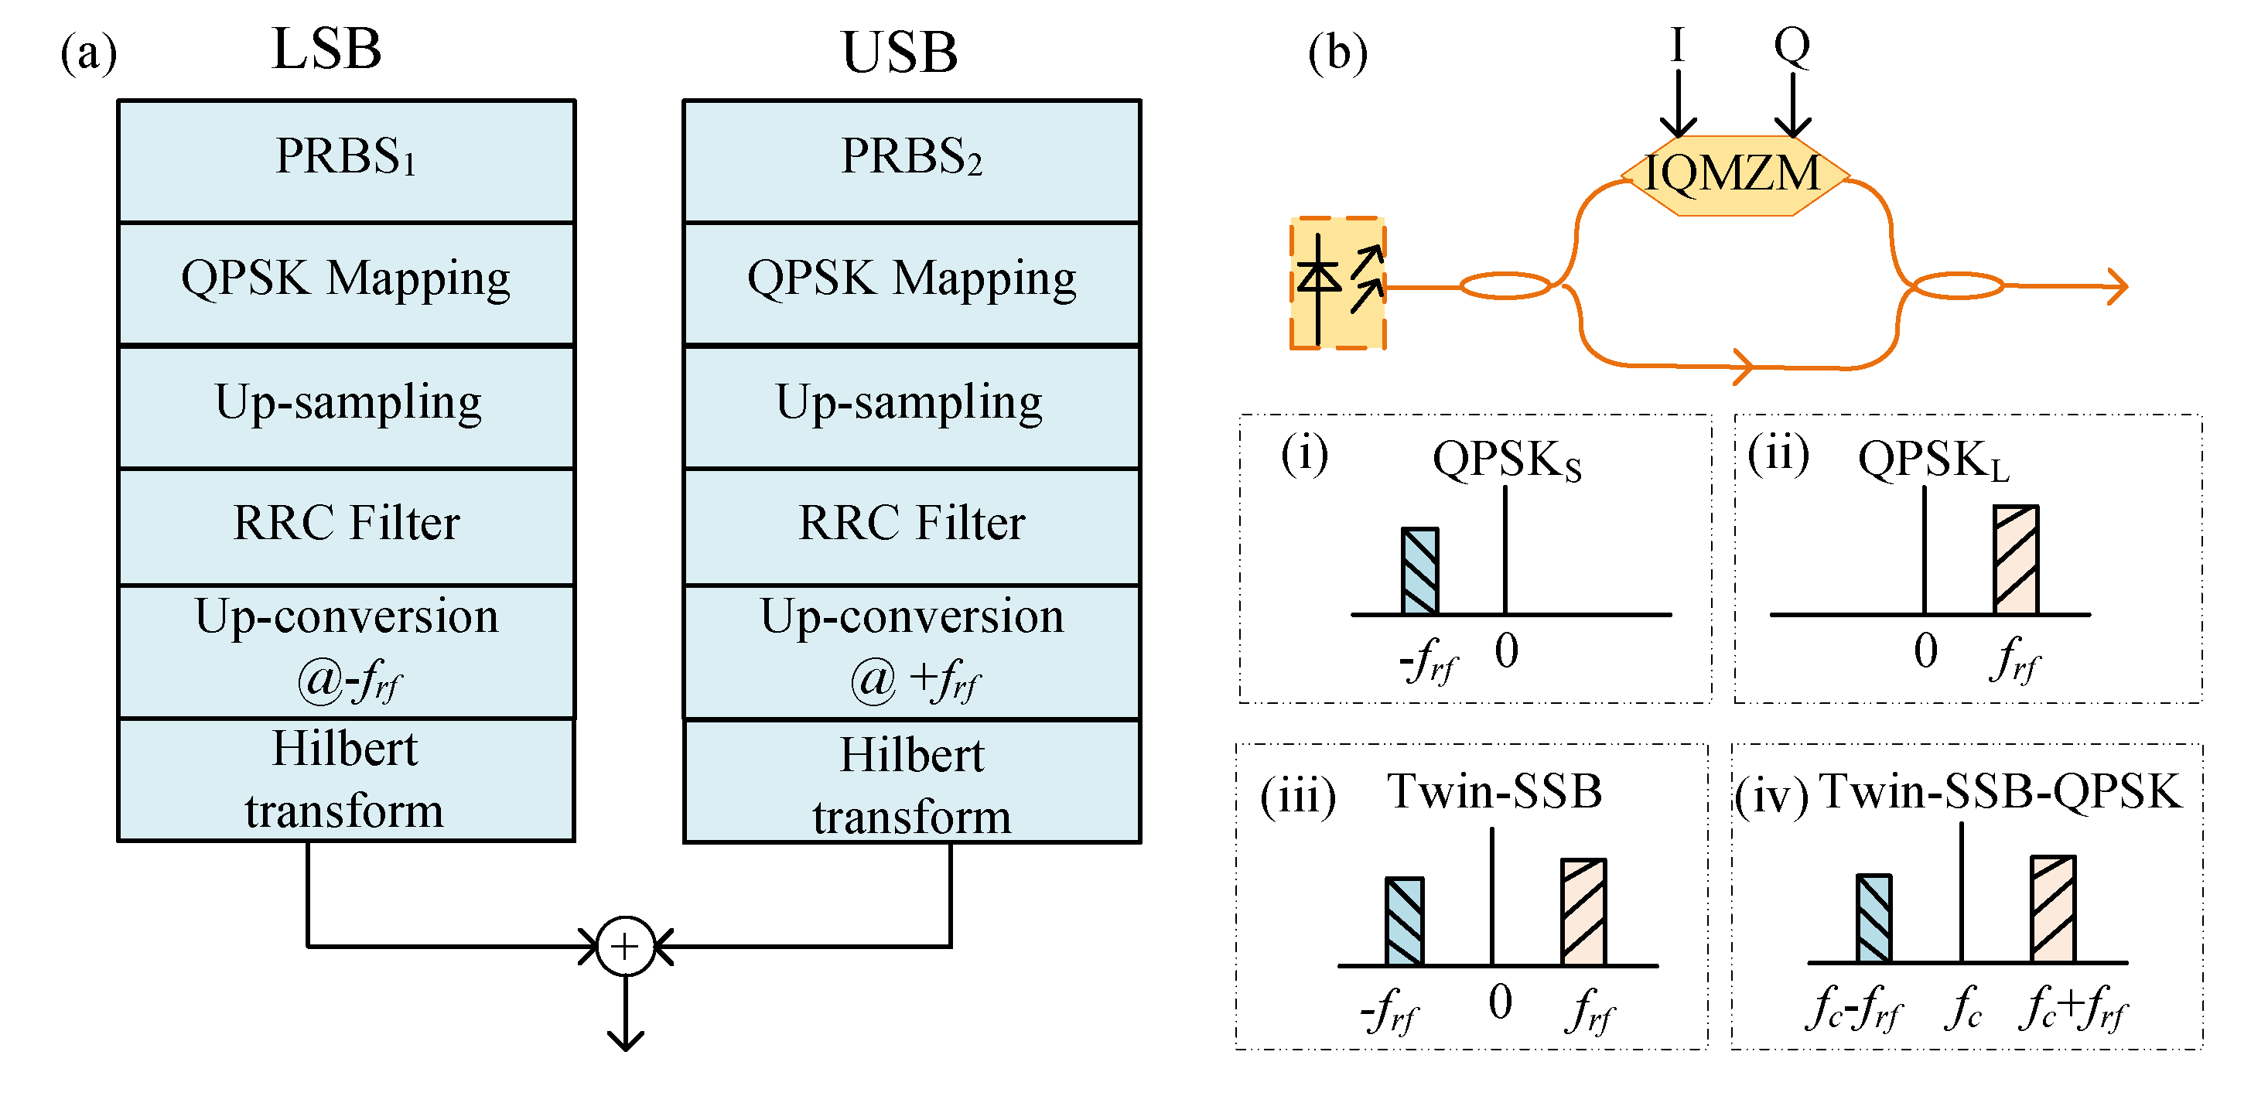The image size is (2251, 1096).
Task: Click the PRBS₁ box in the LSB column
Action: pos(346,161)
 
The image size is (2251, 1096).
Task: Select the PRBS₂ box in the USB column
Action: pos(911,161)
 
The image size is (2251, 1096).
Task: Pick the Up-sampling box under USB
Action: pos(911,405)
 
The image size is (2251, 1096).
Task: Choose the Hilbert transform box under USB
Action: pos(911,781)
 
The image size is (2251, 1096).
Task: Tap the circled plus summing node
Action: pos(626,947)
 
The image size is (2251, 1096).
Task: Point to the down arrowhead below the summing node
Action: pos(626,1040)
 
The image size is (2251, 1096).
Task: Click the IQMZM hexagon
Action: pos(1734,175)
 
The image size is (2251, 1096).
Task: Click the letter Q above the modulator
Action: pos(1792,46)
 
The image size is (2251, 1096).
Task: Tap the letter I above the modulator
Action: pos(1677,46)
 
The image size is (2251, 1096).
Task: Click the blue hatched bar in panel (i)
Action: pos(1420,571)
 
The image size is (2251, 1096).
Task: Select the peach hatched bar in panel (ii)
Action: pos(2016,560)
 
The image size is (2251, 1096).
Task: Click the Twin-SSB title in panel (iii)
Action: pos(1494,791)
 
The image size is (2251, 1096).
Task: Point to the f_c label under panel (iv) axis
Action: pos(1962,1009)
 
